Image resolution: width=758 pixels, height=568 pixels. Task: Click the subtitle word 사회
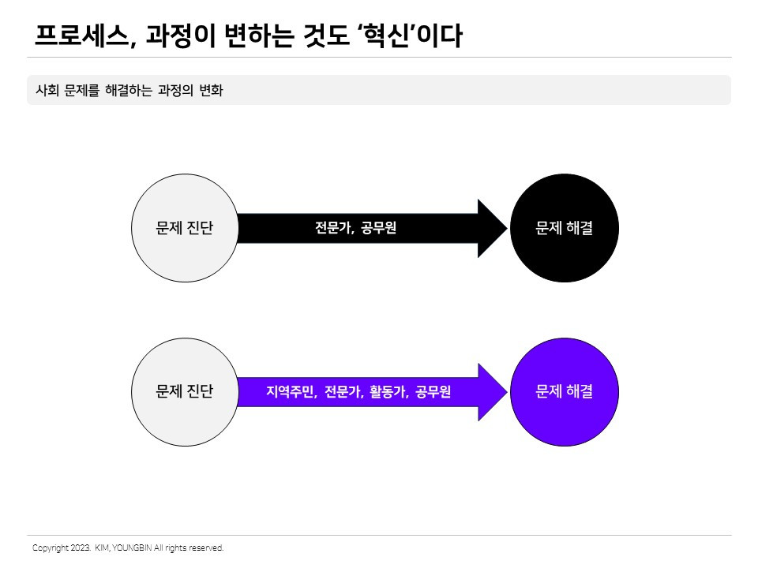(x=47, y=90)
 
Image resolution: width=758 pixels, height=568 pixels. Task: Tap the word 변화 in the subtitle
(x=212, y=90)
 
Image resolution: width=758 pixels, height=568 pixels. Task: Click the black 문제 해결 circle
(x=564, y=228)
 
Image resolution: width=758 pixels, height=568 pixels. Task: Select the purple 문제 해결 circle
(x=564, y=391)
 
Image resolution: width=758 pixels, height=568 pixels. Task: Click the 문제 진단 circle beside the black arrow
(x=184, y=228)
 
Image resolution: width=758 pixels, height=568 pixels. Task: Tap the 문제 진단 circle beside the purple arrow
(x=184, y=391)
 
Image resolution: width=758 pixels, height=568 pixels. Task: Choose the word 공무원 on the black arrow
(x=379, y=229)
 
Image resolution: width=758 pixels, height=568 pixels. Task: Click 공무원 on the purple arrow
(x=433, y=391)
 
